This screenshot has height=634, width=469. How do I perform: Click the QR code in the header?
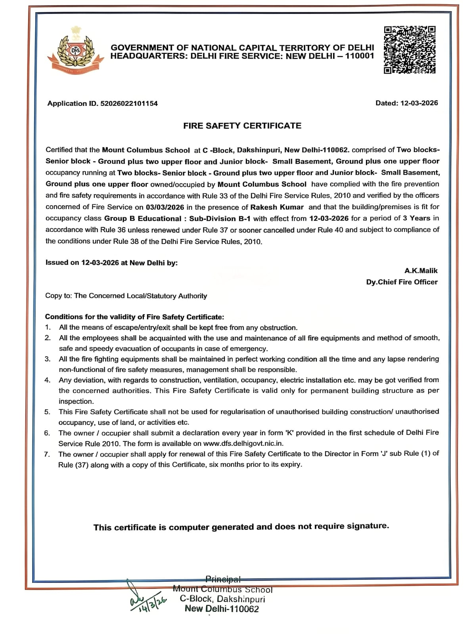[x=410, y=50]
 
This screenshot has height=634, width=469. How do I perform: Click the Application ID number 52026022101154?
[x=129, y=103]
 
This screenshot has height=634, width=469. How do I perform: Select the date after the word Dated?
[x=419, y=103]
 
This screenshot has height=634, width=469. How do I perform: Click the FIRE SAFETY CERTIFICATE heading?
[x=242, y=126]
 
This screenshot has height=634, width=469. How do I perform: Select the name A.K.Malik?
[x=421, y=271]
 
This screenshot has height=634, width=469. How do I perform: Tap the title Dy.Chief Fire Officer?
[x=402, y=282]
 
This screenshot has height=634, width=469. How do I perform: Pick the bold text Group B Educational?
[x=143, y=218]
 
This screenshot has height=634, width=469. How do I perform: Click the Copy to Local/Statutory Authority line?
[x=126, y=296]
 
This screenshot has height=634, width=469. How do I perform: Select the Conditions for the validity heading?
[x=134, y=317]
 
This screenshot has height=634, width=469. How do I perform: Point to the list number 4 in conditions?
[x=48, y=380]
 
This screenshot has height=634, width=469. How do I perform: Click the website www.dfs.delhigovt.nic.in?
[x=243, y=443]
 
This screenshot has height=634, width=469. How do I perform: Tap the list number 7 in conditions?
[x=47, y=454]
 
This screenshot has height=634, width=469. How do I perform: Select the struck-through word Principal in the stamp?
[x=223, y=579]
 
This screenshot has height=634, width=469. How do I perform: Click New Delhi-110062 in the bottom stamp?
[x=222, y=609]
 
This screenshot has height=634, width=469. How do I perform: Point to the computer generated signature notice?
[x=241, y=527]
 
